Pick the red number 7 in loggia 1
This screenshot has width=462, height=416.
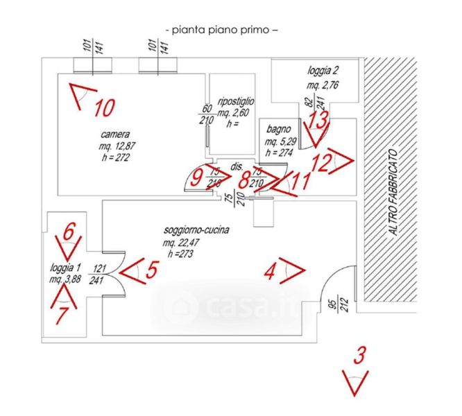click(62, 317)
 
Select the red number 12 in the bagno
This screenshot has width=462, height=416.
click(320, 164)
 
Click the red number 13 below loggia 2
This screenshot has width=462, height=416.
click(318, 120)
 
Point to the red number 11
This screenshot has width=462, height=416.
click(300, 182)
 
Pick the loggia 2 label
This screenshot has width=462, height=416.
click(323, 71)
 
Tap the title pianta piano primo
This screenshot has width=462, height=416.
click(223, 30)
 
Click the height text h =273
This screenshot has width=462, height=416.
click(178, 253)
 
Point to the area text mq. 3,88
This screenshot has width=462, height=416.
click(65, 279)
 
